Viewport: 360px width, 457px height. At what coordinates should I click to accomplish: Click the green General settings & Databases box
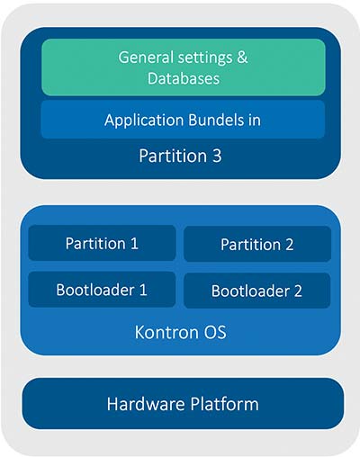point(184,67)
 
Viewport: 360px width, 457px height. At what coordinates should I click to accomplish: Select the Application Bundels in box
point(183,120)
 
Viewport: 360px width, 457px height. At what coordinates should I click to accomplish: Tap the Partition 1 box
point(102,243)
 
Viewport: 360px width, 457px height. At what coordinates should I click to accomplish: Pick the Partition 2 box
point(257,244)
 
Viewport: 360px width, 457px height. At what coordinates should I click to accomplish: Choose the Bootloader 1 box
point(102,290)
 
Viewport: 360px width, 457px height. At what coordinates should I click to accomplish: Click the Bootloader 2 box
point(257,291)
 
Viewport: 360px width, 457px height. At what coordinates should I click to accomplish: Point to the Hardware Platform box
point(183,404)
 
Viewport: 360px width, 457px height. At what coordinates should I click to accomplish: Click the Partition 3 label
point(180,156)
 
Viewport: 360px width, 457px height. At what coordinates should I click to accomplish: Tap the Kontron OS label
point(180,332)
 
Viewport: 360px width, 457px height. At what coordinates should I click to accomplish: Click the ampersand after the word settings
point(242,57)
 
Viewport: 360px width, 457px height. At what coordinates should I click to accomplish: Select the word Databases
point(184,78)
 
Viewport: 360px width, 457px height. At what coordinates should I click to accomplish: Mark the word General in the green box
point(146,57)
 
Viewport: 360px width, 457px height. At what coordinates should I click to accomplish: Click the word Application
point(144,121)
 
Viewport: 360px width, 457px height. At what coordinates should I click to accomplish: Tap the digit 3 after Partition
point(217,156)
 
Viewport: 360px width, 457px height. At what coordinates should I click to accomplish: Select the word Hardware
point(146,404)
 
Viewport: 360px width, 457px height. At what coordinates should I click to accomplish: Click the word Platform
point(225,404)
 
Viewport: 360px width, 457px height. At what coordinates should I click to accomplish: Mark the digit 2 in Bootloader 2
point(298,291)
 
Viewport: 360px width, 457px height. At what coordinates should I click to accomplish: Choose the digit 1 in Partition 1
point(135,243)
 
